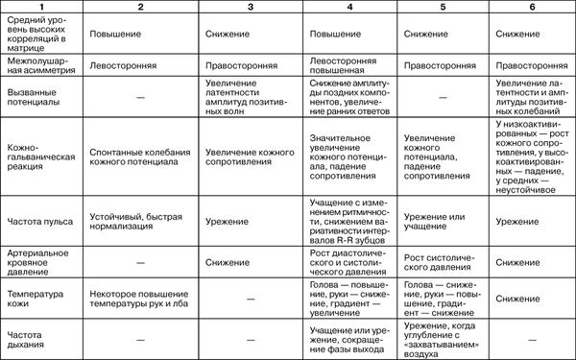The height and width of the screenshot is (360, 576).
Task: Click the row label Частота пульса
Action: [38, 221]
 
